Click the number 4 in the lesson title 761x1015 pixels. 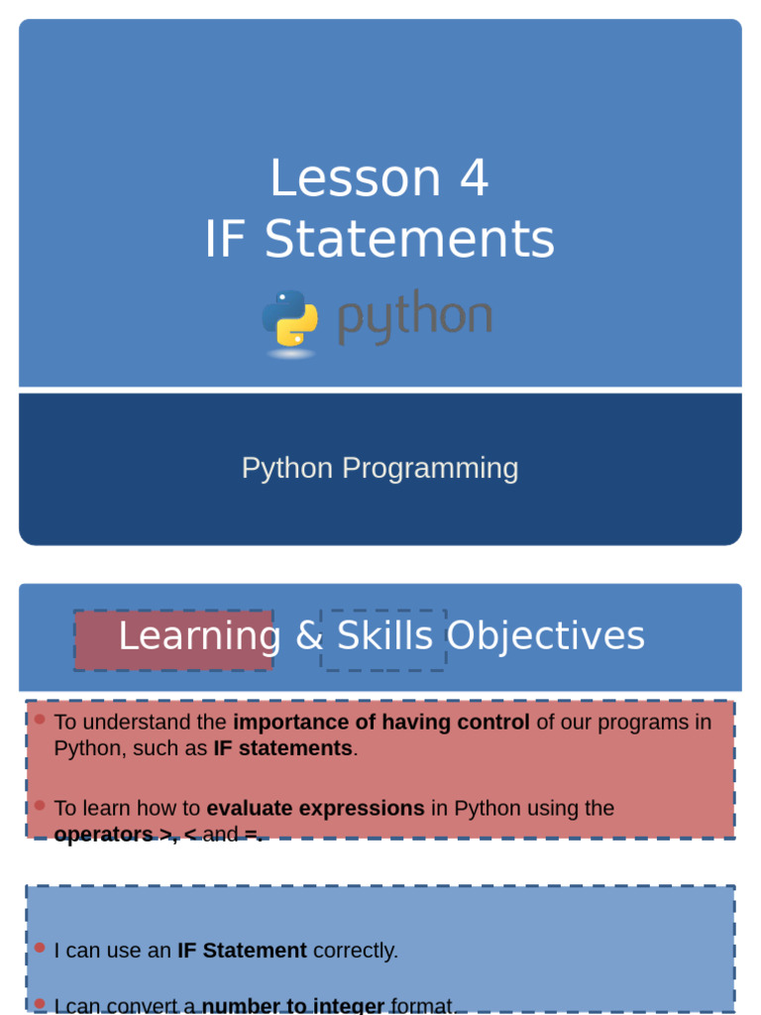point(474,179)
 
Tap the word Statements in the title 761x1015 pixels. point(409,240)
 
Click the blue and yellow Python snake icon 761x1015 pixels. point(289,319)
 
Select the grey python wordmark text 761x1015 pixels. point(414,318)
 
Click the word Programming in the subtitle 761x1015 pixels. point(430,468)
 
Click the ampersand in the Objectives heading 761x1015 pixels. point(310,636)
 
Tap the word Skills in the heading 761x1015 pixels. point(385,636)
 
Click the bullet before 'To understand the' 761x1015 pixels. point(40,720)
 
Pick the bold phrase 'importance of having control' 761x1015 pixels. point(381,723)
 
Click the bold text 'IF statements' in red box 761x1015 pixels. point(282,748)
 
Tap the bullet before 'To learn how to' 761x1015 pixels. point(40,806)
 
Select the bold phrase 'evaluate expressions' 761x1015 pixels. point(315,809)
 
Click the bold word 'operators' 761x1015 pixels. point(103,835)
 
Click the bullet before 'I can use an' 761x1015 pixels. point(40,948)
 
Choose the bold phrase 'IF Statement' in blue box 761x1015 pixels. point(242,951)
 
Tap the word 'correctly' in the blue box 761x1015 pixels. point(354,951)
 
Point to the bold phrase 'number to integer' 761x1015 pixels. point(293,1006)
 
